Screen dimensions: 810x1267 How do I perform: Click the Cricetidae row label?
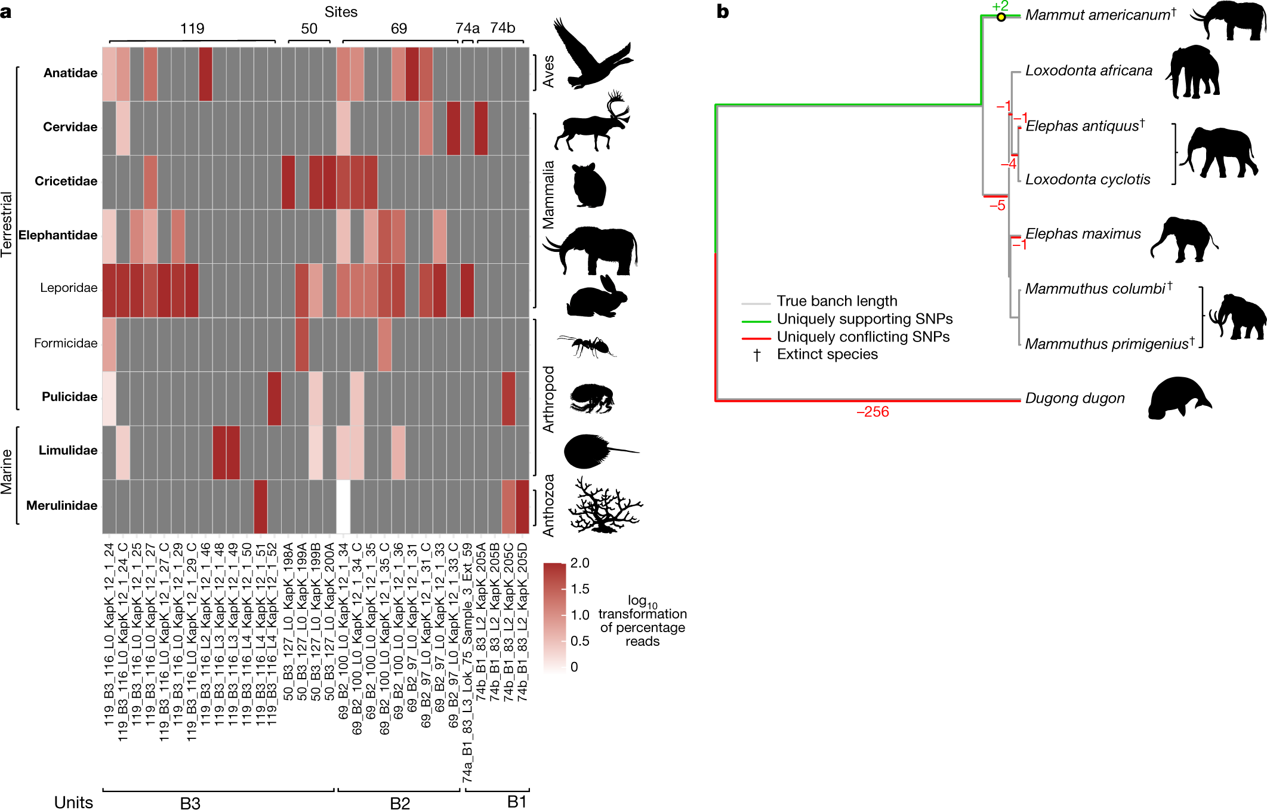pyautogui.click(x=66, y=181)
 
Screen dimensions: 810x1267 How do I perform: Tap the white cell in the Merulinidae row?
pyautogui.click(x=343, y=507)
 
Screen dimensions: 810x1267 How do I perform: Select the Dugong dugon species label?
pyautogui.click(x=1074, y=398)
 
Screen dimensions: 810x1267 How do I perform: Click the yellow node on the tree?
pyautogui.click(x=1001, y=17)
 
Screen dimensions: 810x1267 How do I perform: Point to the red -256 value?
pyautogui.click(x=872, y=412)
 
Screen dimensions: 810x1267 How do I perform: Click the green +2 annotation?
pyautogui.click(x=1000, y=6)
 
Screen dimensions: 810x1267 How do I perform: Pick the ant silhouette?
pyautogui.click(x=587, y=345)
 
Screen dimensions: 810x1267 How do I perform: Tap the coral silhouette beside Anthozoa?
pyautogui.click(x=604, y=506)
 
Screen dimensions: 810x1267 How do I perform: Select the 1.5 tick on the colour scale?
pyautogui.click(x=579, y=589)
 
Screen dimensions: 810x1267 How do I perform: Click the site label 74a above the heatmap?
pyautogui.click(x=467, y=29)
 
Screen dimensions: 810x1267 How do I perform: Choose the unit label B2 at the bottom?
pyautogui.click(x=400, y=803)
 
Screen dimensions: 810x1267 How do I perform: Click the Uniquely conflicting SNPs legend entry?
pyautogui.click(x=862, y=337)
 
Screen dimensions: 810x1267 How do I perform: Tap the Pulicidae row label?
pyautogui.click(x=69, y=397)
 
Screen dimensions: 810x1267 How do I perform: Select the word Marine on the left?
pyautogui.click(x=7, y=472)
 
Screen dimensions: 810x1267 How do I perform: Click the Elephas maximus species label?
pyautogui.click(x=1083, y=234)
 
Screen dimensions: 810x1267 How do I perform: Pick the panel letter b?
pyautogui.click(x=722, y=12)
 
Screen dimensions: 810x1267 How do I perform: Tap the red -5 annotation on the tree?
pyautogui.click(x=997, y=206)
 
